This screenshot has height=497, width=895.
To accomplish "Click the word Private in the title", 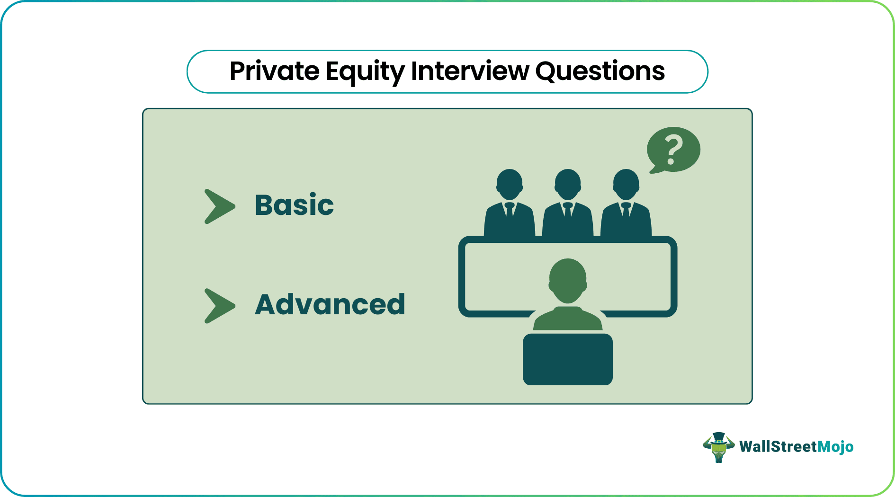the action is click(275, 71).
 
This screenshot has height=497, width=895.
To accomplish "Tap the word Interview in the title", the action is click(470, 71).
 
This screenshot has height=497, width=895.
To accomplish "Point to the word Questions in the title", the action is click(600, 71).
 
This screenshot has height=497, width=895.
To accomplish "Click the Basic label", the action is click(294, 205).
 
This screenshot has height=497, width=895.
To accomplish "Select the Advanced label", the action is click(330, 304).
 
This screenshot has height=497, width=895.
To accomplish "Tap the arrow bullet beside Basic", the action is click(219, 206).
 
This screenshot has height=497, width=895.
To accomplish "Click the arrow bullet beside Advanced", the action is click(219, 306).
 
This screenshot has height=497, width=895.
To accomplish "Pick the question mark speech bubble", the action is click(673, 150).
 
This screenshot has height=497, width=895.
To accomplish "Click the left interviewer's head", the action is click(510, 185).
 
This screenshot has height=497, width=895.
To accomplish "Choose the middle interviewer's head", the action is click(568, 185).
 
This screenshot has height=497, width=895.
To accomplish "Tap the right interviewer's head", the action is click(626, 185).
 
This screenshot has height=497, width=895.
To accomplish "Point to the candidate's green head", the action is click(568, 281).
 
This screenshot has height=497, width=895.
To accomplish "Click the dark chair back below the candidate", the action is click(568, 359).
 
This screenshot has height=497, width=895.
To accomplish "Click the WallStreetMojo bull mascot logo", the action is click(718, 447).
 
